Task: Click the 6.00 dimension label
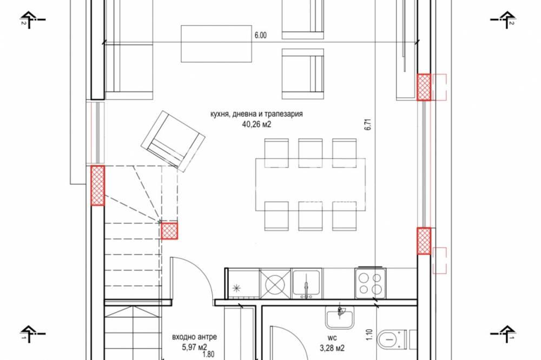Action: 261,35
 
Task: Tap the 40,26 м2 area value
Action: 256,124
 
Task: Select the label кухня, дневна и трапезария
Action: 256,114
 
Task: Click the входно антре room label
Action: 195,337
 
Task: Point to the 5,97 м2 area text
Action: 195,347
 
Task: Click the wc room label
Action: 333,338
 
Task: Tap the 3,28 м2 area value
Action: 332,348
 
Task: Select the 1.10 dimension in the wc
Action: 369,335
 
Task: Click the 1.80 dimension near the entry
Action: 209,354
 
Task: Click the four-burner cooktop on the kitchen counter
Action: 370,283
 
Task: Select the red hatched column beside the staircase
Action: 169,231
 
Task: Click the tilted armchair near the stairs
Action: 173,141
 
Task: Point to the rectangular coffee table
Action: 216,44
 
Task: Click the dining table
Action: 311,184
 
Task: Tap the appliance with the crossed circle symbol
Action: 275,284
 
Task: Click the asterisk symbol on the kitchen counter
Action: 237,287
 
